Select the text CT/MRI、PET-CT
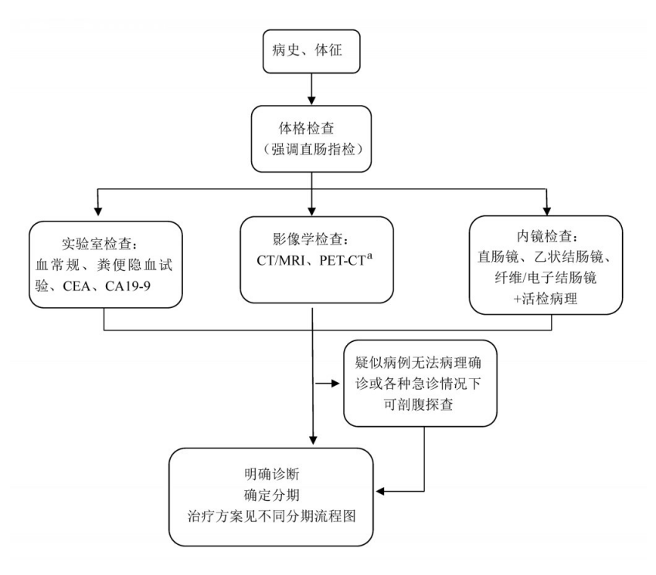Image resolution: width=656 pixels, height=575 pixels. [306, 260]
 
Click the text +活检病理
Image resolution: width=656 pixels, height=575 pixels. [546, 296]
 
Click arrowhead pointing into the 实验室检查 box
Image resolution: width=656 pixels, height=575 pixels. [99, 210]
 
